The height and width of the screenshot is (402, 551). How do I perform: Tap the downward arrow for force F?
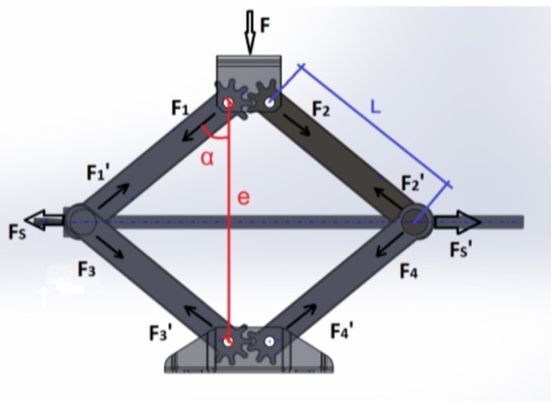pyautogui.click(x=251, y=32)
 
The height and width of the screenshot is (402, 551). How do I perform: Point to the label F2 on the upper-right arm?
pyautogui.click(x=320, y=109)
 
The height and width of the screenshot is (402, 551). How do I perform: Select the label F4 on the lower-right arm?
pyautogui.click(x=408, y=273)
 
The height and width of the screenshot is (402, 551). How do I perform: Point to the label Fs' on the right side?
pyautogui.click(x=460, y=249)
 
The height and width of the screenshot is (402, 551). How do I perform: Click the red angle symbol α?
pyautogui.click(x=207, y=158)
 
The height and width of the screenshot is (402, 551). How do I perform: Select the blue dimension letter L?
pyautogui.click(x=376, y=109)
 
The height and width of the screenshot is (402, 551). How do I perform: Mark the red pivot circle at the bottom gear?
pyautogui.click(x=228, y=341)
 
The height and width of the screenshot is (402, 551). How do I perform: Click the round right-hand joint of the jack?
pyautogui.click(x=415, y=221)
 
